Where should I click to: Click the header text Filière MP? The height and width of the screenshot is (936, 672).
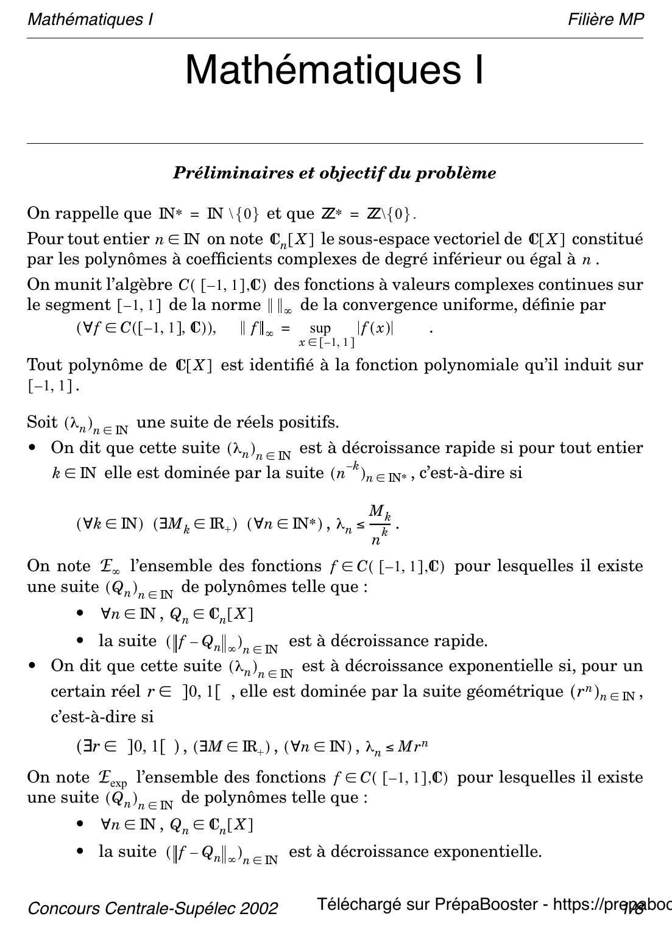(x=606, y=19)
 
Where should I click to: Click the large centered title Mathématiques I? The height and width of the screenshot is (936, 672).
(x=334, y=70)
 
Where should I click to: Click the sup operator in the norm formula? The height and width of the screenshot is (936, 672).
(x=320, y=329)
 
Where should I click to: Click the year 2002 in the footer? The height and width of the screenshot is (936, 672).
(x=261, y=909)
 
